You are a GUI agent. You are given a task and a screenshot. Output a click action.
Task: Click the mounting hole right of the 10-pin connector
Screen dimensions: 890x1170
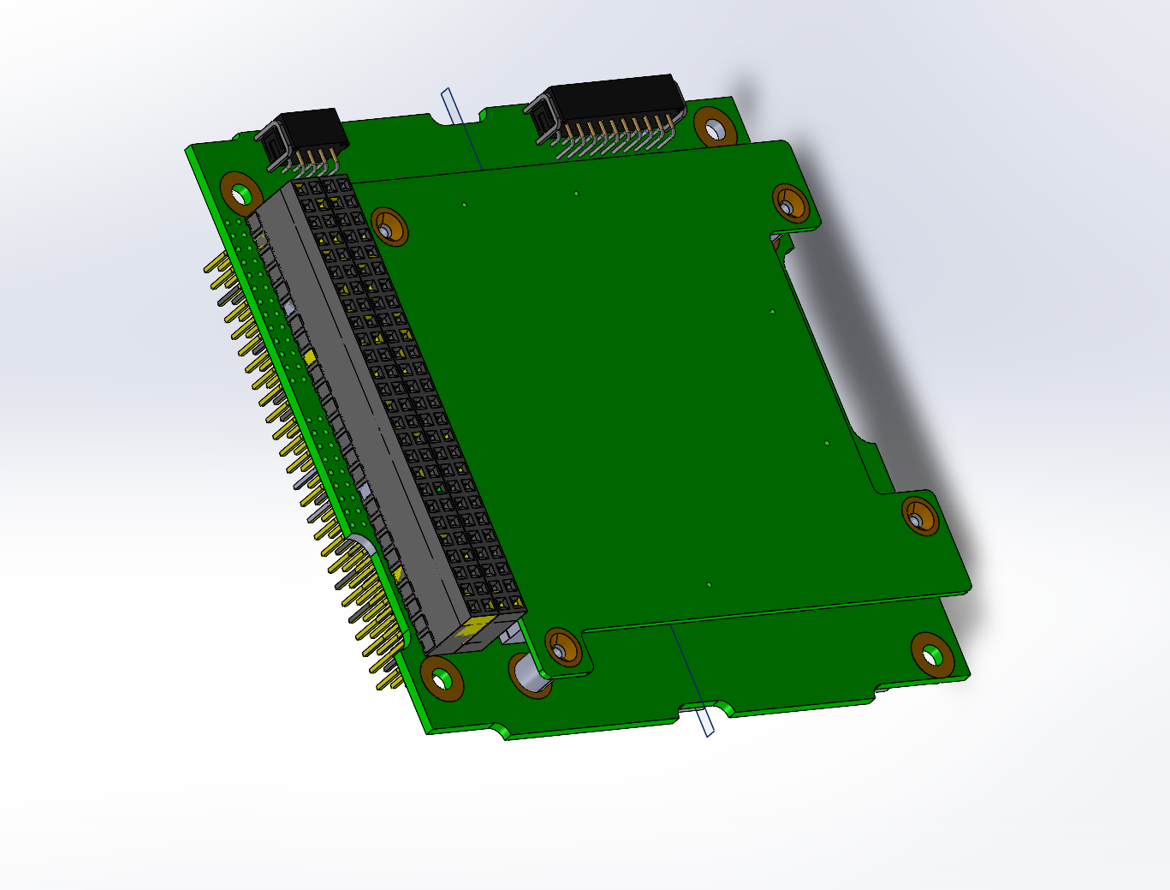tap(715, 127)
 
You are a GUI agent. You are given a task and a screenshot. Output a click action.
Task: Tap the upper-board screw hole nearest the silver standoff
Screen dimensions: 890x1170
tap(561, 648)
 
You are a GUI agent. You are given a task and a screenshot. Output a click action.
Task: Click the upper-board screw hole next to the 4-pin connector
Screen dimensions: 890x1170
tap(388, 227)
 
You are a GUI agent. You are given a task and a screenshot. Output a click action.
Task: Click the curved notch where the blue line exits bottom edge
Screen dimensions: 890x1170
tap(707, 708)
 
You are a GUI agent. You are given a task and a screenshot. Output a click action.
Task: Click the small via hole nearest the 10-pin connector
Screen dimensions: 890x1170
tap(576, 193)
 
